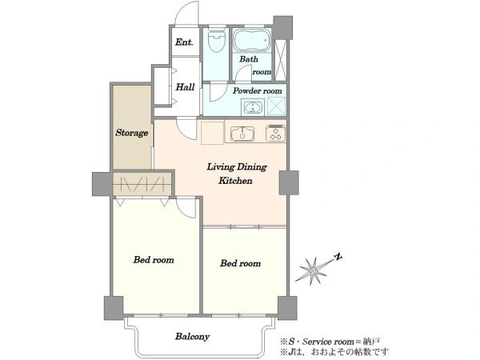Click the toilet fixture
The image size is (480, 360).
tap(217, 41)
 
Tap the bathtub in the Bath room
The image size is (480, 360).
tap(252, 40)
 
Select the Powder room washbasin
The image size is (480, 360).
tap(252, 107)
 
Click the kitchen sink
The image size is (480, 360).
tap(242, 134)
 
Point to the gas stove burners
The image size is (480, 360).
tap(275, 133)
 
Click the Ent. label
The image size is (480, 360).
tap(184, 42)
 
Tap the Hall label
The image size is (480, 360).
tap(186, 87)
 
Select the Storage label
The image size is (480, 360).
tap(132, 133)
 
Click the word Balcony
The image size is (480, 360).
tap(193, 337)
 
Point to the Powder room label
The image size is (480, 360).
tap(258, 90)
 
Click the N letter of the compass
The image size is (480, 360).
tap(338, 257)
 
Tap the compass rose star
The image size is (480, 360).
tap(312, 270)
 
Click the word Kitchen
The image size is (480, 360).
tap(235, 180)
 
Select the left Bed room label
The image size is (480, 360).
tap(154, 260)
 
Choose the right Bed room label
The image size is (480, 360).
tap(241, 263)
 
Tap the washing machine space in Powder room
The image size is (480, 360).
tap(277, 106)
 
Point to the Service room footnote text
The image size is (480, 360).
tap(330, 342)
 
